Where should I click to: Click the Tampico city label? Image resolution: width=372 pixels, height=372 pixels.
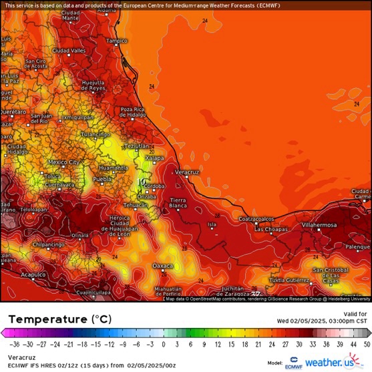116,41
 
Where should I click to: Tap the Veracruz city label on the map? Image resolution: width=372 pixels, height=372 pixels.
187,172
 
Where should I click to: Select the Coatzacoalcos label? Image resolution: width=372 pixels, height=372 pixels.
256,218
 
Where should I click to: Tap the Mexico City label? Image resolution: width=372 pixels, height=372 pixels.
64,162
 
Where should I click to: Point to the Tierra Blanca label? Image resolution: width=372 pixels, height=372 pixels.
178,203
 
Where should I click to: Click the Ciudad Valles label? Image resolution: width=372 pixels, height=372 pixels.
69,51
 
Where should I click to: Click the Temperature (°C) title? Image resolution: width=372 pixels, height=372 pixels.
57,319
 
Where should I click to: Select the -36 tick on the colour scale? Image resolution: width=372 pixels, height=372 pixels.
14,345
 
